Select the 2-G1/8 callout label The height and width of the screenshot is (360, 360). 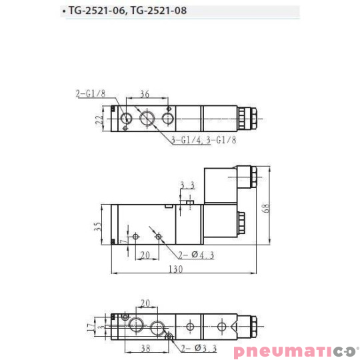tap(91, 94)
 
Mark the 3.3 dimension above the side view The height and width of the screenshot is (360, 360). tap(187, 185)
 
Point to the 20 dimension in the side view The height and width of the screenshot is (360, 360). tap(145, 253)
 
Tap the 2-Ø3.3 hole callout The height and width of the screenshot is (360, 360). tap(195, 347)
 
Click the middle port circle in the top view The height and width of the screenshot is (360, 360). tap(147, 119)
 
